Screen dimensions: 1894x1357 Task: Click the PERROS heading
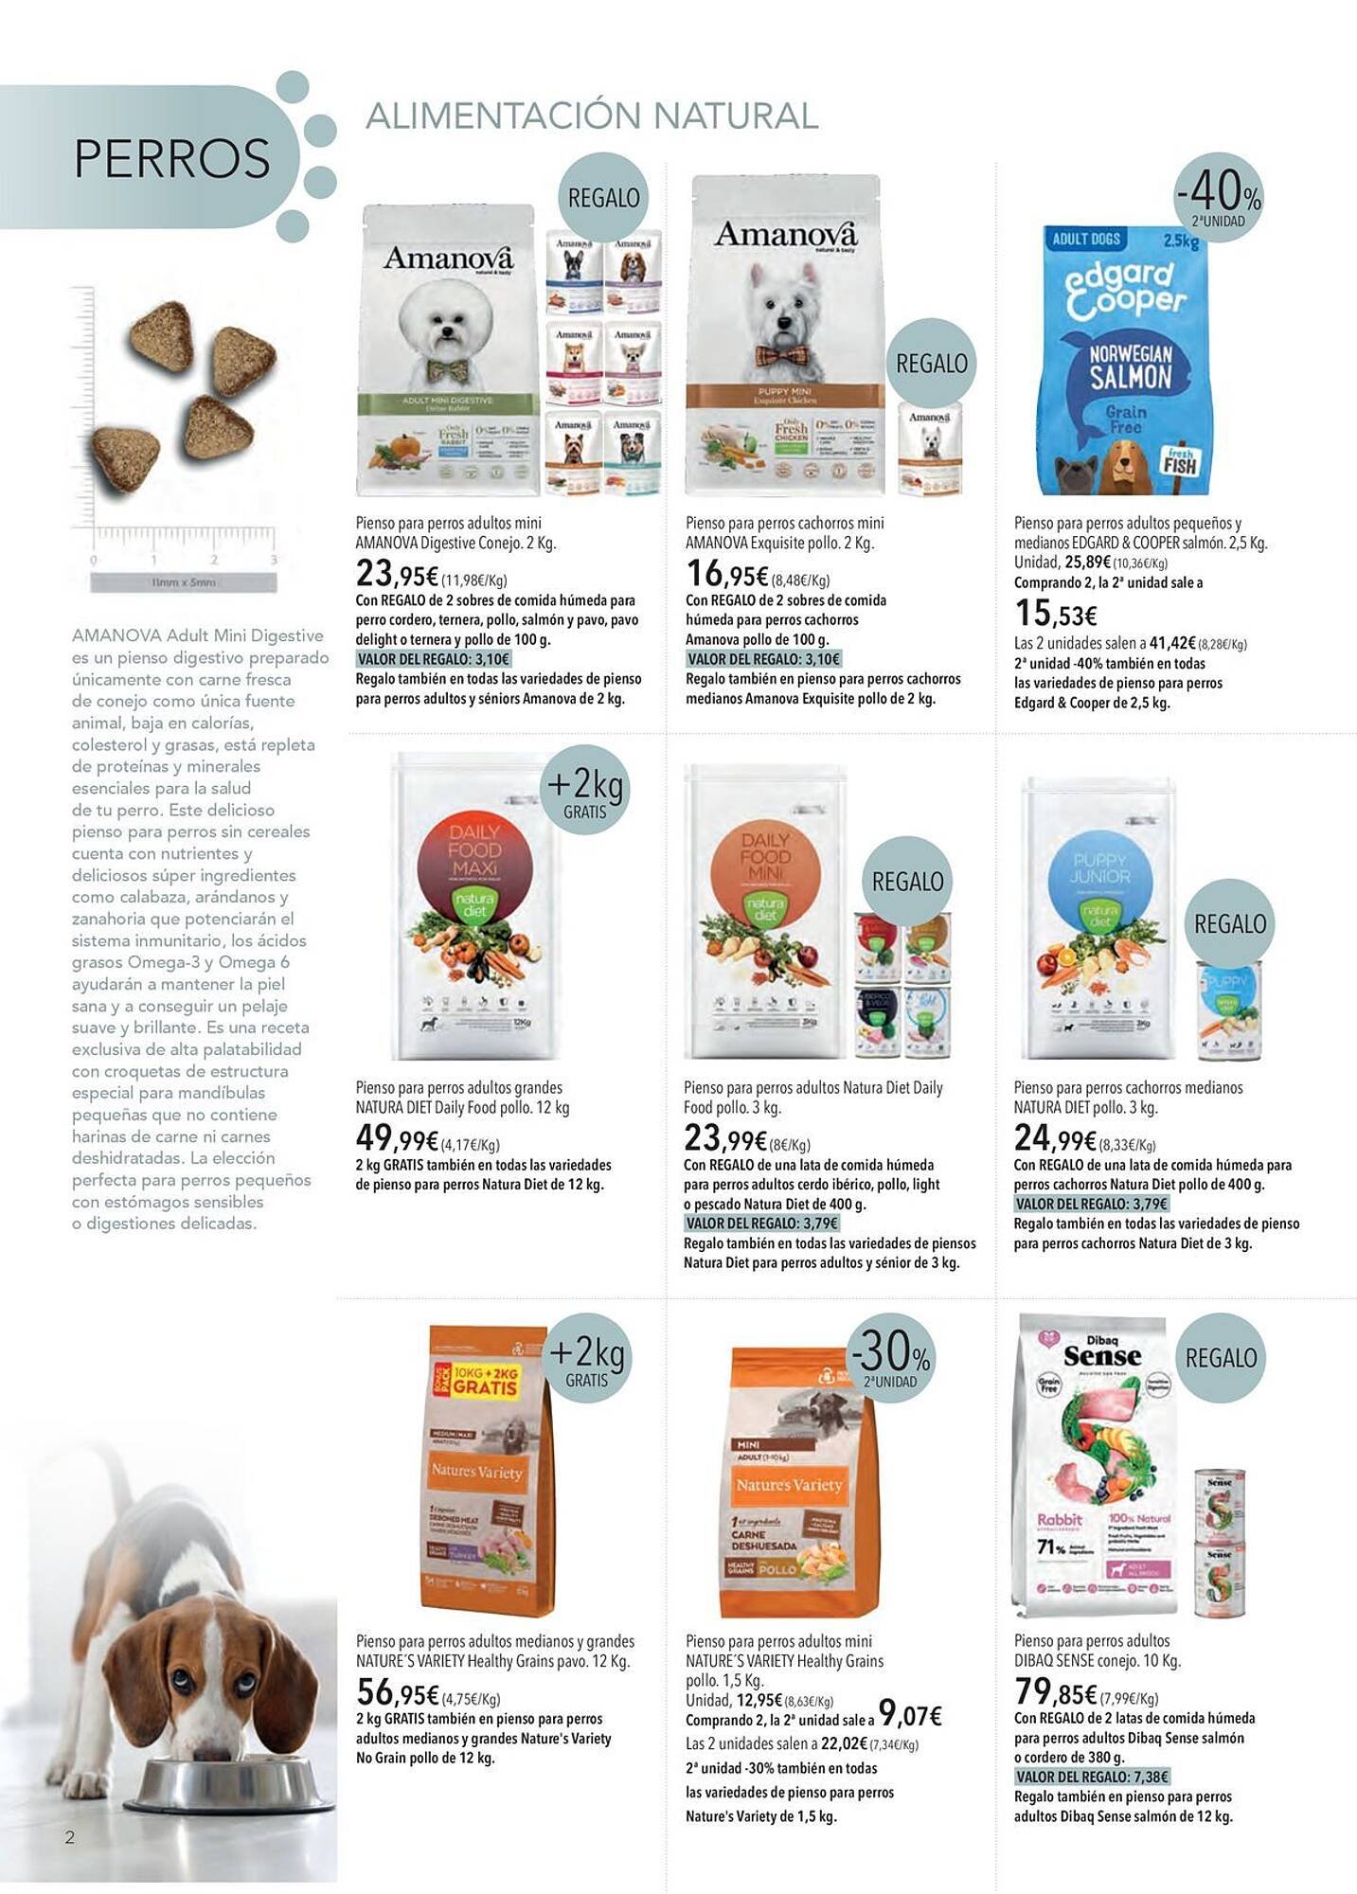point(171,158)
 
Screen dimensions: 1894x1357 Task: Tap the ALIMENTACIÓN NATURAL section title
point(591,116)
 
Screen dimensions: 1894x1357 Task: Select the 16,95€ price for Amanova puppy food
point(727,574)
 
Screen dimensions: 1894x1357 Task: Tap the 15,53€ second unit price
point(1055,614)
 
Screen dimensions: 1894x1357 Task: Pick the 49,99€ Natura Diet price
point(397,1138)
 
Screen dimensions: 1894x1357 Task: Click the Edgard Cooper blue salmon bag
point(1123,360)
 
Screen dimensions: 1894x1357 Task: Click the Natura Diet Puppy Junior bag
point(1099,919)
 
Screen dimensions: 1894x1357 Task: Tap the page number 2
point(69,1838)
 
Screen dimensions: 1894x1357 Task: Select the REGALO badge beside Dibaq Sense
point(1221,1358)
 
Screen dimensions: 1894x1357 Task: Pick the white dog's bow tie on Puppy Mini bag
point(782,356)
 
